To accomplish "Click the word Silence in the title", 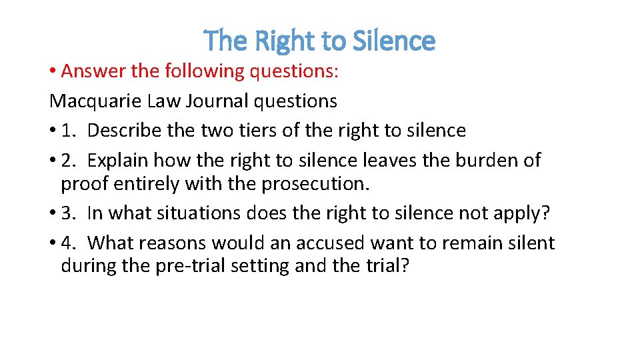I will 395,41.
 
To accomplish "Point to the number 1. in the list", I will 69,131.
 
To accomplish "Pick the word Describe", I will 125,131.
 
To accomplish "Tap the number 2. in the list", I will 69,161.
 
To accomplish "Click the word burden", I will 473,161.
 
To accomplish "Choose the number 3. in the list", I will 69,213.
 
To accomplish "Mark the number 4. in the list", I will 69,243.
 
